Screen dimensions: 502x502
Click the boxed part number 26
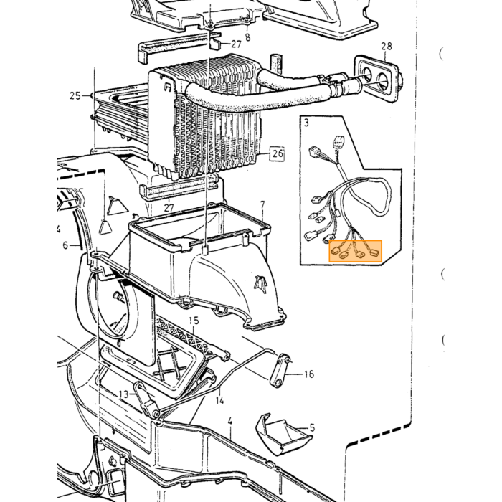(x=278, y=153)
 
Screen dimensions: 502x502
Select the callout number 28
(x=387, y=47)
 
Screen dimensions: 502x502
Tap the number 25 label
(x=75, y=95)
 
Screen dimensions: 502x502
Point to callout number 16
(x=309, y=374)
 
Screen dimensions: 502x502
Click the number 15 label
(x=194, y=321)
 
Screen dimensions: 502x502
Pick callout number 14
(x=219, y=400)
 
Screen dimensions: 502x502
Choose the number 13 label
(x=123, y=394)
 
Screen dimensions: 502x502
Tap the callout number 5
(x=312, y=427)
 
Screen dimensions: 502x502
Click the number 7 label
(x=262, y=204)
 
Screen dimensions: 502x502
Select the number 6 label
(x=65, y=245)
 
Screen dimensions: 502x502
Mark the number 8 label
(x=248, y=37)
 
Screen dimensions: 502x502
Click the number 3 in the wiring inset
(x=307, y=123)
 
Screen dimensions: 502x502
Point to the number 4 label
(x=229, y=422)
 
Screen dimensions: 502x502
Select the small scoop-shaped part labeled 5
(x=282, y=434)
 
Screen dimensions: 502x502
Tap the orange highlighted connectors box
(x=356, y=251)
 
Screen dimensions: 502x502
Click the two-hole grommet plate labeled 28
(x=377, y=79)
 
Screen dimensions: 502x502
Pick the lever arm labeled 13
(x=146, y=399)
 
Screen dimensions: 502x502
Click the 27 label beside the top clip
(x=236, y=44)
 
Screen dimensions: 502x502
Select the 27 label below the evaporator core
(x=169, y=208)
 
